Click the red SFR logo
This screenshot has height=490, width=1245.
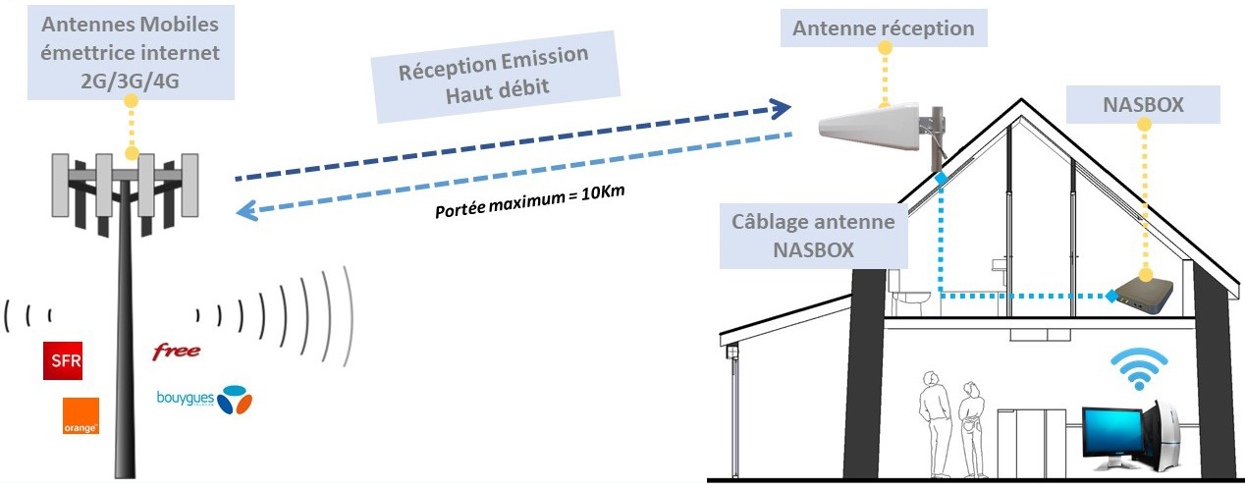point(63,361)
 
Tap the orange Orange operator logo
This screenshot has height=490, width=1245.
point(80,415)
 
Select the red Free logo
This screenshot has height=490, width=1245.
point(177,351)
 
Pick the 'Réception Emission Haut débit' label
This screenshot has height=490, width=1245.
point(495,75)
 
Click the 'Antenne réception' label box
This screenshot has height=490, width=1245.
point(884,28)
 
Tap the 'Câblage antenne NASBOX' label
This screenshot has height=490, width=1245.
point(814,236)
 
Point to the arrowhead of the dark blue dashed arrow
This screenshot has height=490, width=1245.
point(782,106)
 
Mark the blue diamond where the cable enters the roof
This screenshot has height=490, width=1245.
point(940,179)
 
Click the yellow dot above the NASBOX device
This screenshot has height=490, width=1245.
point(1144,277)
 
